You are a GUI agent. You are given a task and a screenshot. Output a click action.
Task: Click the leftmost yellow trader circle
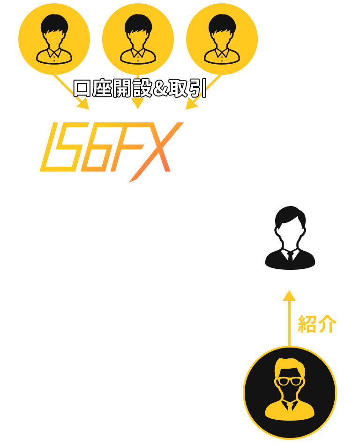pos(54,39)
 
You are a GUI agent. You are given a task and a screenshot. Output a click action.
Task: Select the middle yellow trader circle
pos(138,39)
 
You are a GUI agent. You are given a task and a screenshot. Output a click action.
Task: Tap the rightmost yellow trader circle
pos(222,39)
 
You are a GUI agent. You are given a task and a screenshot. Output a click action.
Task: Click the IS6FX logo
pos(112,152)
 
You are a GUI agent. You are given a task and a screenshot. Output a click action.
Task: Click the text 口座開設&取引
pos(140,88)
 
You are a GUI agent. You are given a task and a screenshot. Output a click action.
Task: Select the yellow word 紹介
pos(317,324)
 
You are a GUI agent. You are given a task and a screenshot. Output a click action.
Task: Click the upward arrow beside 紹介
pos(289,318)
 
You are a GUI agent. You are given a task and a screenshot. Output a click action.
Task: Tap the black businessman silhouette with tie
pos(290,237)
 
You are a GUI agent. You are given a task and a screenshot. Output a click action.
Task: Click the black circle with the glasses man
pos(290,393)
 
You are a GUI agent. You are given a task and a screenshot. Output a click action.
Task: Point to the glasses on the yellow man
pos(290,381)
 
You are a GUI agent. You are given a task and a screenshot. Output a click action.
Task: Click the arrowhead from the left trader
pos(83,104)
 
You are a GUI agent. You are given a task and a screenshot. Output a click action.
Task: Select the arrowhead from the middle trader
pos(138,104)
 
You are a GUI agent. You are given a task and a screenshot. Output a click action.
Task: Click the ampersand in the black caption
pos(160,89)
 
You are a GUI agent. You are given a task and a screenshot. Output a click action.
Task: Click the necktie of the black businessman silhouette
pos(290,256)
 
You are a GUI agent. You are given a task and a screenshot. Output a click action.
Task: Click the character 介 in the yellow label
pos(327,324)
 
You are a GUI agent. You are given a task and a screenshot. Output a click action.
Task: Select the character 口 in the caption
pos(82,89)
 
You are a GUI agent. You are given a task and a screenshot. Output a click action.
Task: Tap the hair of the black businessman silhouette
pos(290,215)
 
